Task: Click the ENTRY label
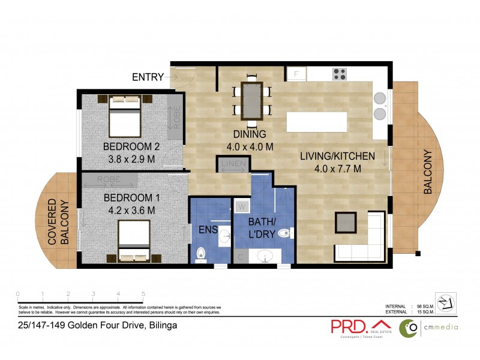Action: [x=148, y=77]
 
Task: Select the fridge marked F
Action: [x=296, y=74]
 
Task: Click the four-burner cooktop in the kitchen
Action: [x=340, y=74]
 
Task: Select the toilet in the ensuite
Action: [x=201, y=254]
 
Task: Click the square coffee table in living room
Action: [x=346, y=223]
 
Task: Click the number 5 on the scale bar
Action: [x=143, y=294]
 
